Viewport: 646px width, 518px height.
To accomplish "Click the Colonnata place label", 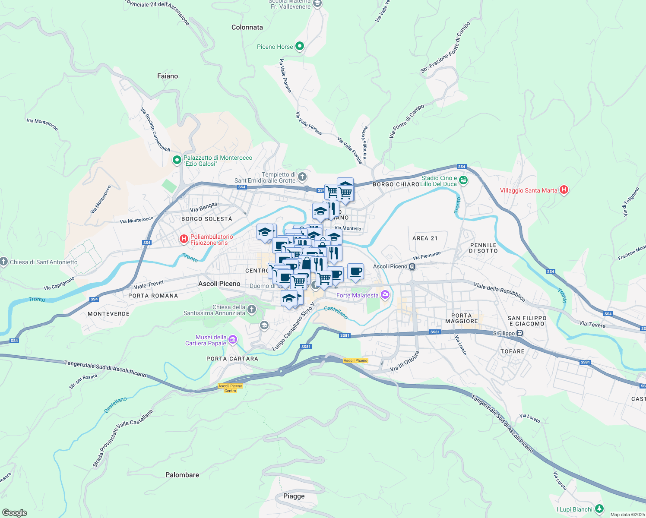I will coord(247,27).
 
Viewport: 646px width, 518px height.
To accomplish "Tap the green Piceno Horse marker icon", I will coord(300,46).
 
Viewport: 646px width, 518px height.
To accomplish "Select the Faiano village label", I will coord(168,76).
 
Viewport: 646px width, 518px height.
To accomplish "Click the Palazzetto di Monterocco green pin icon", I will coord(177,161).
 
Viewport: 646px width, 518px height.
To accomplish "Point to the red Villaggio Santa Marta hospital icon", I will coord(564,190).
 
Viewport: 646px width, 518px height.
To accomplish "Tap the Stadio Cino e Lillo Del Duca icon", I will coord(463,180).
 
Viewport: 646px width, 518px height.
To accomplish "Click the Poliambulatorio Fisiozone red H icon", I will coord(184,239).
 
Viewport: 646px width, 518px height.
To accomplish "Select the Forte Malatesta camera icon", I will coord(385,295).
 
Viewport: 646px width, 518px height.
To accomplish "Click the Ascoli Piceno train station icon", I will coord(413,266).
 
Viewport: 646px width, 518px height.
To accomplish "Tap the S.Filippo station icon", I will coord(520,333).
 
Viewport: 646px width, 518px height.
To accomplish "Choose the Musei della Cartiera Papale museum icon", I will coord(233,340).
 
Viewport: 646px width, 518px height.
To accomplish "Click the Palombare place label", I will coord(182,475).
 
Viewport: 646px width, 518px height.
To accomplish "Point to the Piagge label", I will coord(294,496).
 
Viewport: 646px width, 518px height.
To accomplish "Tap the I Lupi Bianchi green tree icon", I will coord(599,509).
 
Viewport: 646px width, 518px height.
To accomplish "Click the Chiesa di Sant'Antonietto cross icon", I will coord(4,262).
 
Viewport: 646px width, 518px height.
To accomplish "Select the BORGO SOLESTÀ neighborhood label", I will coord(207,219).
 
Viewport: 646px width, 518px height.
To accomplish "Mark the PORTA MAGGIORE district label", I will coord(462,318).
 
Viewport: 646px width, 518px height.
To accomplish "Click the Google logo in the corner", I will coord(14,513).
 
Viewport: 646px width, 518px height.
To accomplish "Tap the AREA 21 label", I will coord(425,238).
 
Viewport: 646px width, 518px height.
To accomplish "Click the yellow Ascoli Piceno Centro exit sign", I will coord(231,388).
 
